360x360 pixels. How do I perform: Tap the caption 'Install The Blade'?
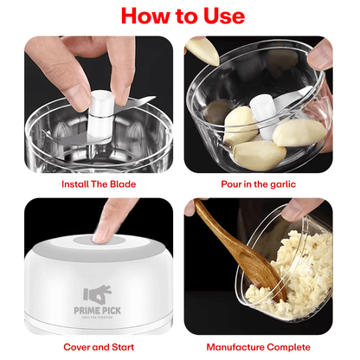[95, 184]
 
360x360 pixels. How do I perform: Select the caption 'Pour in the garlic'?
[258, 184]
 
